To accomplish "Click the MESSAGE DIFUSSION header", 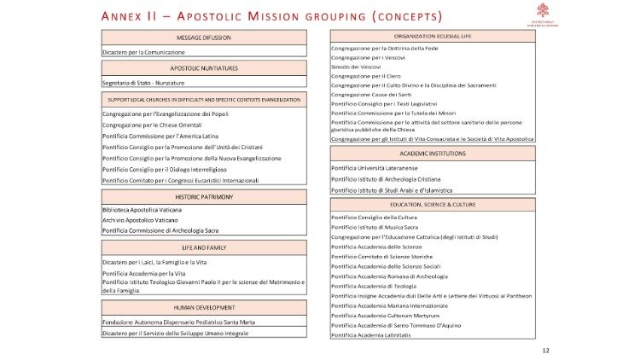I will [203, 38].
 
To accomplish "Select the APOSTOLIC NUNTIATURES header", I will [203, 67].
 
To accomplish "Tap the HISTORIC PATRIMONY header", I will [203, 197].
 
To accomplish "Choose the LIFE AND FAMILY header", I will [203, 247].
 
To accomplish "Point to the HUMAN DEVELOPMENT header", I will [203, 305].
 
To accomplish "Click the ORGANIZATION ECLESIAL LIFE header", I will [433, 37].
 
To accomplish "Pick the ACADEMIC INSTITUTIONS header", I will [433, 154].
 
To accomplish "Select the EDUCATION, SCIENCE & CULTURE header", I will [433, 205].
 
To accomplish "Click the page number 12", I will [545, 351].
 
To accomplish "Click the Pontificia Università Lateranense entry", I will [381, 167].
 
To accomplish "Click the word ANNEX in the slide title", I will [124, 17].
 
